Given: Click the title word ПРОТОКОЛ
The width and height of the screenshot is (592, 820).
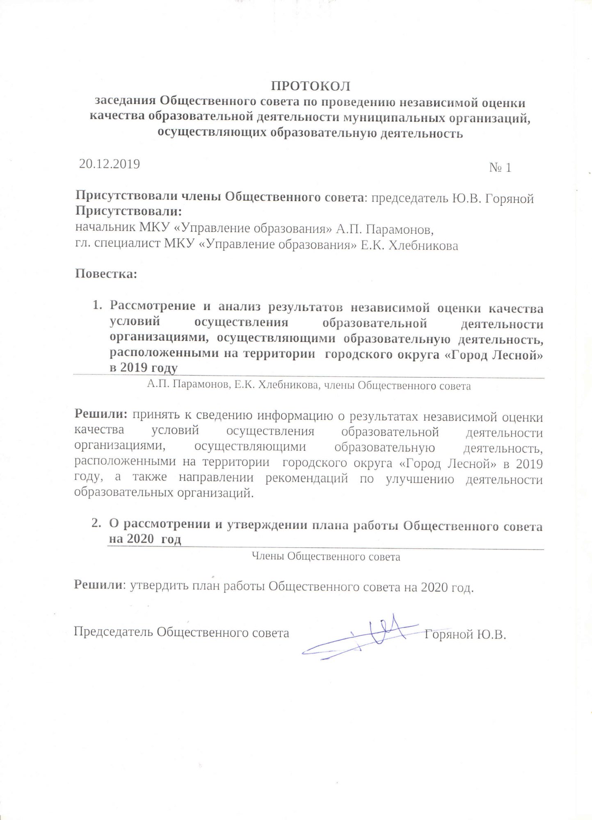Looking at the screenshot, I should pyautogui.click(x=310, y=86).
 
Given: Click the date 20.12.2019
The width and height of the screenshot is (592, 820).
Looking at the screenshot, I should pyautogui.click(x=110, y=164).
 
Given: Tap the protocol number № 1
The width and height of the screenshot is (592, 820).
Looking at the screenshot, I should pyautogui.click(x=500, y=168).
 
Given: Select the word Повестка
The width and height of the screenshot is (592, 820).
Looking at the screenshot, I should pyautogui.click(x=105, y=274).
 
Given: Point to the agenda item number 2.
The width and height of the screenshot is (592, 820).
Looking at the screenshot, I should pyautogui.click(x=96, y=523).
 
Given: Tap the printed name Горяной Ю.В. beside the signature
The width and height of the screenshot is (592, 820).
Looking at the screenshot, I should pyautogui.click(x=465, y=635).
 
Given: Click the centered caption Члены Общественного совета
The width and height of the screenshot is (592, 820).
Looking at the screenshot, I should pyautogui.click(x=325, y=557).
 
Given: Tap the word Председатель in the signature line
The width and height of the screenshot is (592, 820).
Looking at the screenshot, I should pyautogui.click(x=113, y=632).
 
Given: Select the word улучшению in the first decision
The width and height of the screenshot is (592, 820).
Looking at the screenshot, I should pyautogui.click(x=420, y=479).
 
